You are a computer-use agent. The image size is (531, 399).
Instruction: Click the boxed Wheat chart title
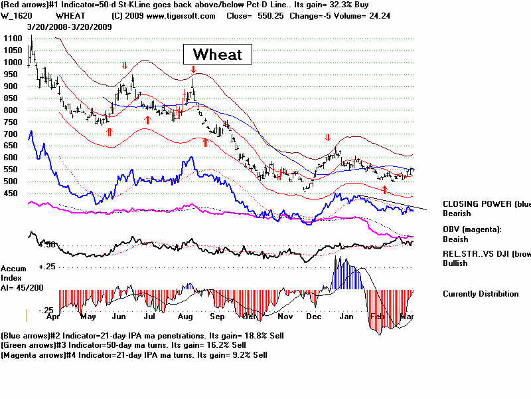click(217, 54)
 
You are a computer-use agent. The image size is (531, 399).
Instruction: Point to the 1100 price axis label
click(11, 39)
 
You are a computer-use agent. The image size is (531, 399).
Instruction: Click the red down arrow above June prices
click(124, 66)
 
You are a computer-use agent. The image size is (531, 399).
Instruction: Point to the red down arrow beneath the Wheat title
click(192, 69)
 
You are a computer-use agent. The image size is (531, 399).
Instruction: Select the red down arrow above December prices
click(327, 138)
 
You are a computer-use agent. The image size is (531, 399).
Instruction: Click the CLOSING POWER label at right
click(487, 204)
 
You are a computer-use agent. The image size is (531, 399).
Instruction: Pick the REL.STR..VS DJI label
click(487, 253)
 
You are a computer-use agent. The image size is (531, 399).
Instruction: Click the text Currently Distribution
click(481, 293)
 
